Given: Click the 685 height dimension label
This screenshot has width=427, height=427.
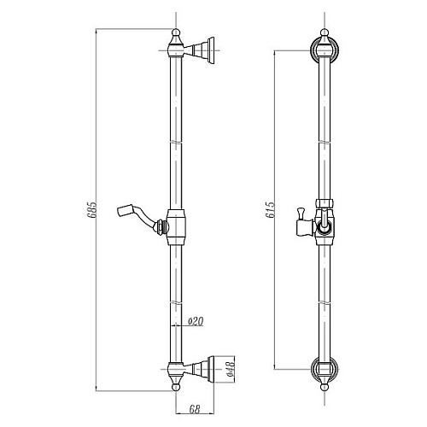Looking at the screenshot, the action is click(92, 210).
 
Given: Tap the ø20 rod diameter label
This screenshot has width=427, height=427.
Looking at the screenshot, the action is click(196, 321).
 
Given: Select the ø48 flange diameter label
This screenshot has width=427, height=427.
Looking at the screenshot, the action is click(231, 369).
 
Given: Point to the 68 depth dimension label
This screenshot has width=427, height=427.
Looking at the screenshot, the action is click(195, 409).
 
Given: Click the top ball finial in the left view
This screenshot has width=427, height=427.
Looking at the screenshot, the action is click(177, 32).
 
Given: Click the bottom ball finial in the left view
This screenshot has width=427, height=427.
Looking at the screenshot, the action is click(177, 388).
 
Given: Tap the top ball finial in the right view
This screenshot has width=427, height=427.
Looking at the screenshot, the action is click(325, 32).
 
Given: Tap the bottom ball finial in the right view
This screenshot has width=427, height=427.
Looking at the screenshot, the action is click(325, 388).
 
